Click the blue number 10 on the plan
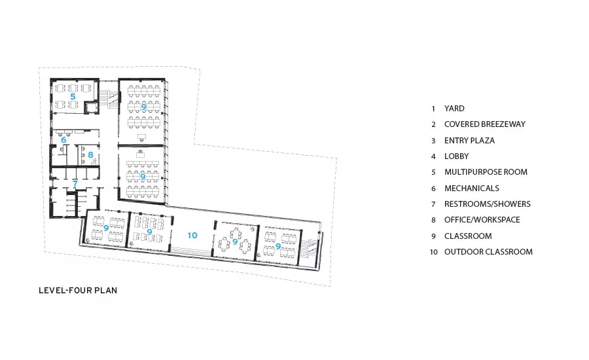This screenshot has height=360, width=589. (x=192, y=235)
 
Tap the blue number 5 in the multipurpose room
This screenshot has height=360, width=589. (x=73, y=97)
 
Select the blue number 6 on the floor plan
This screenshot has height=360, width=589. (x=63, y=140)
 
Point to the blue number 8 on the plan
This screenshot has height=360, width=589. (x=90, y=155)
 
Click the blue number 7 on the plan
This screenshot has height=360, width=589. (x=75, y=184)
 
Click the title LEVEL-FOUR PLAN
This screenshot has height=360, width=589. (x=78, y=291)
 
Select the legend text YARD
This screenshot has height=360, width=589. (x=454, y=109)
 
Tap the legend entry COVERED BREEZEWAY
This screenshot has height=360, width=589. (x=485, y=124)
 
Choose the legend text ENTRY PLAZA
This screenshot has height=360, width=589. (x=469, y=141)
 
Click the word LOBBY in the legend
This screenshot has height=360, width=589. (x=456, y=156)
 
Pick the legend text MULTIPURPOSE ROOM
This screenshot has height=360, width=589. (x=486, y=172)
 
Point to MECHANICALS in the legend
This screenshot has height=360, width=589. (x=472, y=189)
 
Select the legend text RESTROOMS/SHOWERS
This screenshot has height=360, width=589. (x=488, y=204)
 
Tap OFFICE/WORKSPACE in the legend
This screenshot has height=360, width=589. (x=482, y=220)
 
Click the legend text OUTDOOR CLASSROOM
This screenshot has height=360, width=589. (x=488, y=252)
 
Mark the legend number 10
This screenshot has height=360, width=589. (x=434, y=252)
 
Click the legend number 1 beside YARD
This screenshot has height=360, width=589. (x=433, y=109)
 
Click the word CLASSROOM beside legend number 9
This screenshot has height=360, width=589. (x=468, y=236)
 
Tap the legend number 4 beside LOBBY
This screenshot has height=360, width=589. (x=433, y=156)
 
